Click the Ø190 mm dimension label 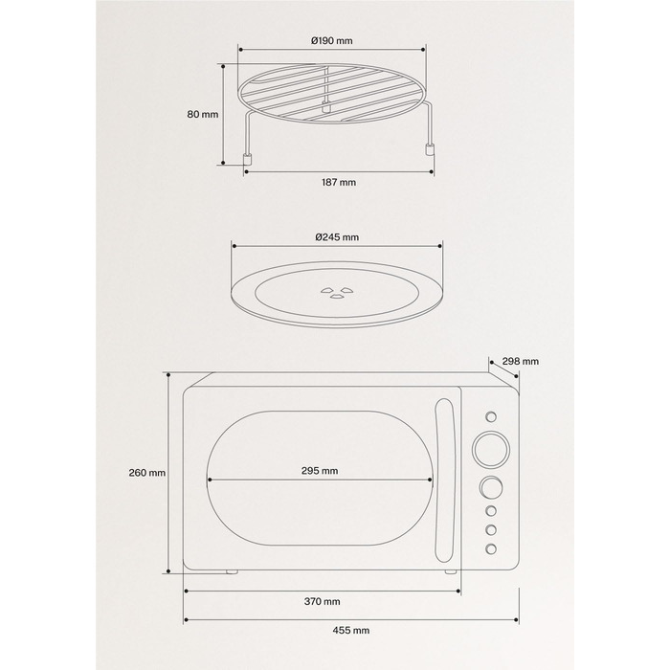pos(332,41)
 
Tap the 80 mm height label pos(203,114)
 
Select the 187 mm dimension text pos(339,183)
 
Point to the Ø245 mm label pos(337,237)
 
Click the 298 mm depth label pos(521,362)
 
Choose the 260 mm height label pos(147,473)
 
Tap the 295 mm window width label pos(320,471)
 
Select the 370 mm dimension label pos(323,602)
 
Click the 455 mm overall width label pos(351,630)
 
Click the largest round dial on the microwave pos(491,449)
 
